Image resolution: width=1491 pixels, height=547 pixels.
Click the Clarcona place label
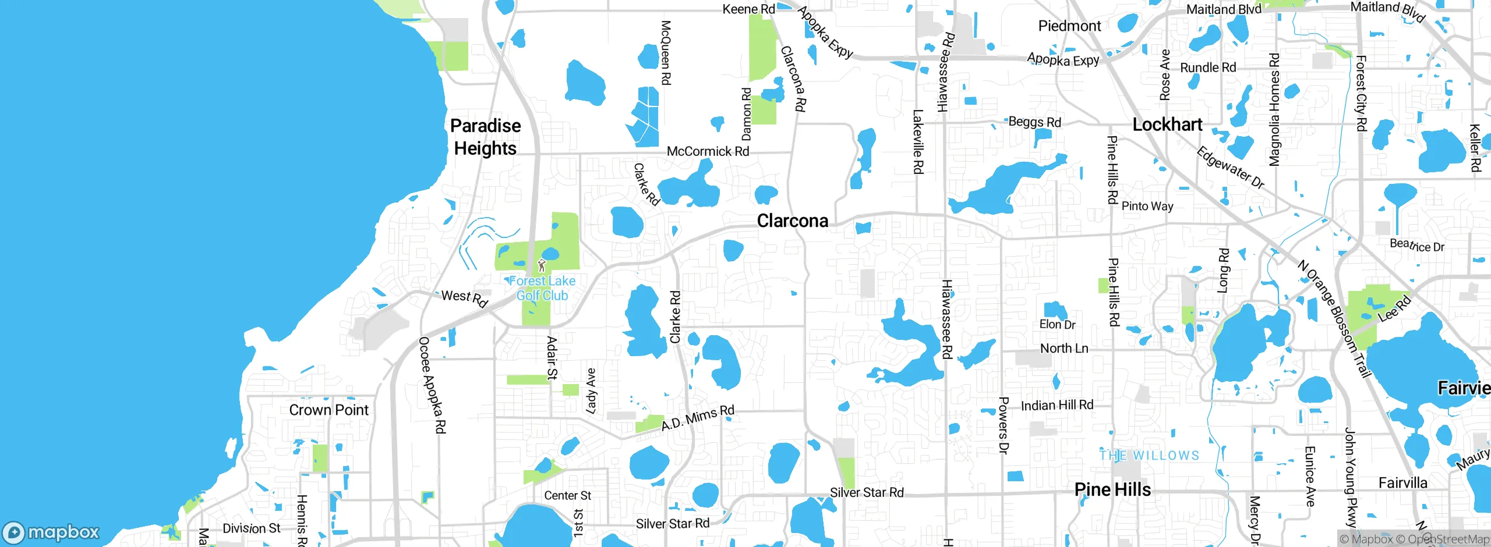[792, 221]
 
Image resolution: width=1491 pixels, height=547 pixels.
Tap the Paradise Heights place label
[485, 137]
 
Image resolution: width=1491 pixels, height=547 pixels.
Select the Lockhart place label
[1167, 125]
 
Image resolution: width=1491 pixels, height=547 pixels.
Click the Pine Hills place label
[1112, 489]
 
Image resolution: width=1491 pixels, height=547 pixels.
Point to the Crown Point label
[328, 410]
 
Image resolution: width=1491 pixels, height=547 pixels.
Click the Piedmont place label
[1069, 26]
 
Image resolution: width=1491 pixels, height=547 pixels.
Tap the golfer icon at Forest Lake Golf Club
[542, 265]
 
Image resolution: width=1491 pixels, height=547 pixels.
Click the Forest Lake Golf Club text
[542, 288]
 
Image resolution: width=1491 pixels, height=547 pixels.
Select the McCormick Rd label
[708, 151]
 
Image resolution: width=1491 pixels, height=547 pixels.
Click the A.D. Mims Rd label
[698, 418]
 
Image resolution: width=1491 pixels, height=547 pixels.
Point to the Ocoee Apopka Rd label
[432, 385]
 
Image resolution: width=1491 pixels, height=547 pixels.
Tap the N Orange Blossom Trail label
[1333, 319]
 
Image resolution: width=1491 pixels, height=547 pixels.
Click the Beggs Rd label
[1034, 122]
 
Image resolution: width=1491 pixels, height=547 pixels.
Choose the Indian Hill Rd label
[1057, 405]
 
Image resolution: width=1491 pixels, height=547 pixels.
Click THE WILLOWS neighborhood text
[1149, 456]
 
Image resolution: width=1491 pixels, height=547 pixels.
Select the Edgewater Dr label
[1230, 168]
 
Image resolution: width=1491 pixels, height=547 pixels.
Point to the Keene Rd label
[748, 9]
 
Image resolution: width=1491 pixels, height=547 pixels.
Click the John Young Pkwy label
[1350, 477]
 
